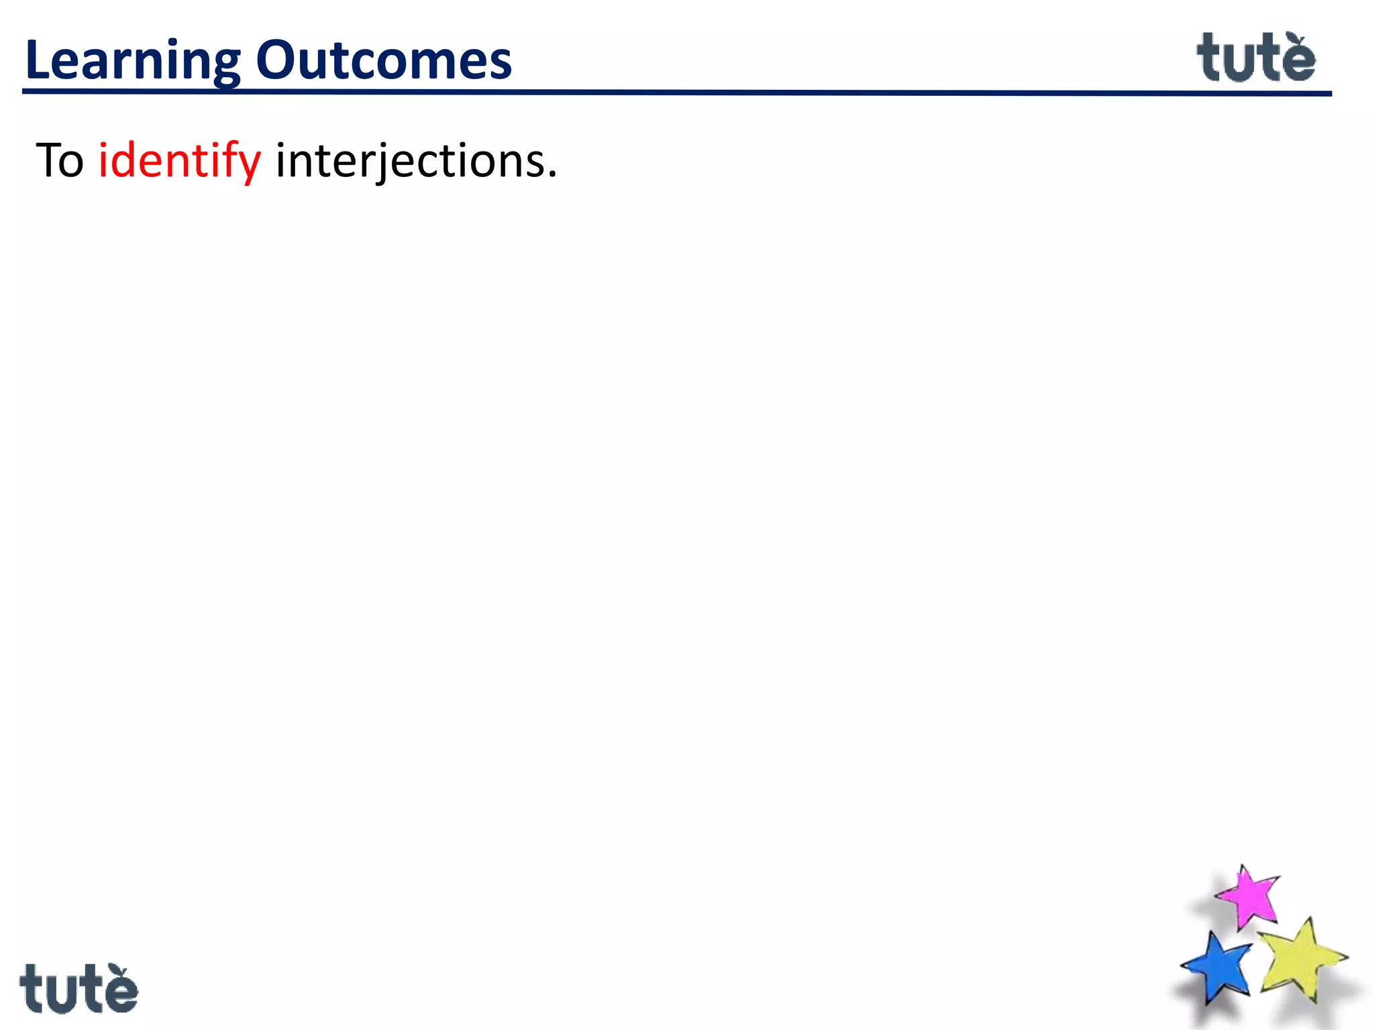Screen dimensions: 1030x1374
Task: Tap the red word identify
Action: click(179, 161)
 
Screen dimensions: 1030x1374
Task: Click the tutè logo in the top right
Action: click(1256, 58)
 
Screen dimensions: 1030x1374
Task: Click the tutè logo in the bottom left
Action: click(78, 989)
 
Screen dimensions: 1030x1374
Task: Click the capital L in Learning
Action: click(38, 60)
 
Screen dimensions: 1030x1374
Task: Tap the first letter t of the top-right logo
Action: click(1210, 58)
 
